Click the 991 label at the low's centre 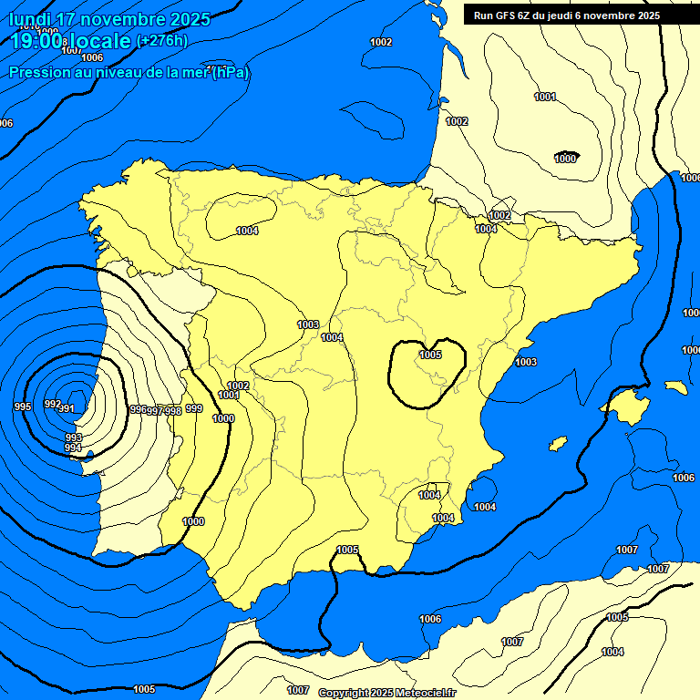coord(67,409)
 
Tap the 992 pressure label coord(52,404)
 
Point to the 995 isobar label coord(23,407)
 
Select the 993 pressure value coord(74,438)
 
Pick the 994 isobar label coord(74,448)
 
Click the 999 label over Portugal coord(194,409)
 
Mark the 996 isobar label coord(139,410)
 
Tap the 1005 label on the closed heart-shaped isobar coord(431,355)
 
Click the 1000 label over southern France coord(565,159)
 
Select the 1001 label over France coord(545,97)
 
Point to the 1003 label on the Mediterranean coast coord(526,363)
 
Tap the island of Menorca coord(675,387)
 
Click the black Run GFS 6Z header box coord(566,15)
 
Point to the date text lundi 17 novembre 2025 coord(109,19)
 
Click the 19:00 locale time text coord(71,40)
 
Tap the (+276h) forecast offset coord(161,40)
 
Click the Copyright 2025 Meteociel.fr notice coord(386,693)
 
